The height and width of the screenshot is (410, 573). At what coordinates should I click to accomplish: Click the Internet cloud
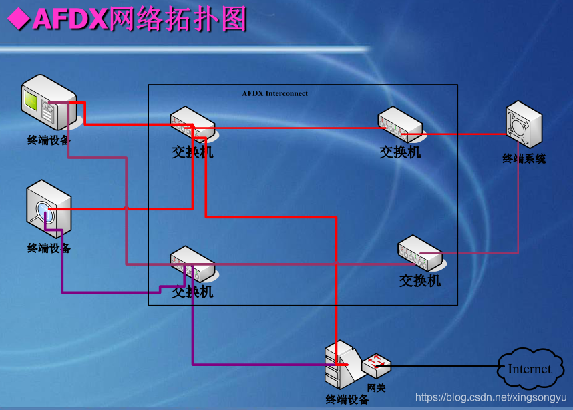click(529, 369)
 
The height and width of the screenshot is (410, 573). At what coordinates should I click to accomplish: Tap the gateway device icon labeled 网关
click(377, 364)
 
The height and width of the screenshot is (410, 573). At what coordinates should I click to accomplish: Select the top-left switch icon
click(192, 124)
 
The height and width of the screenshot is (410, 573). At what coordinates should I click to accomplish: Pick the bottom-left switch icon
click(192, 264)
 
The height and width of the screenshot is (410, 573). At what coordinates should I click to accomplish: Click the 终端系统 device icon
click(524, 125)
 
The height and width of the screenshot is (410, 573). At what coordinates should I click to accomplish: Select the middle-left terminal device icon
click(49, 208)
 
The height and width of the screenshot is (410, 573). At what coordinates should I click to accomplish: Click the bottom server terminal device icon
click(341, 366)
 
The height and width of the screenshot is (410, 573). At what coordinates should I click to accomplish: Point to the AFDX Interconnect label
click(275, 94)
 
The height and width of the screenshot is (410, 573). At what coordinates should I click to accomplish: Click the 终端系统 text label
click(524, 159)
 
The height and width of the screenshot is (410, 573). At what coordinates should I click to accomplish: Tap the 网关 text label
click(377, 387)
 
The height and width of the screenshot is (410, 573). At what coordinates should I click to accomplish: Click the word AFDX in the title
click(70, 19)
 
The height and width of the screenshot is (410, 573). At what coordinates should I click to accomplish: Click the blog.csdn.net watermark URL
click(491, 397)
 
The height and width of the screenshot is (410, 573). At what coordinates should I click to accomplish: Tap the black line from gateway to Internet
click(444, 366)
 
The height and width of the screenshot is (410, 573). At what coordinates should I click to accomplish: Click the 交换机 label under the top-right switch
click(400, 152)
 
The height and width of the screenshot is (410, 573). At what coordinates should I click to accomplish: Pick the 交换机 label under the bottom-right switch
click(420, 281)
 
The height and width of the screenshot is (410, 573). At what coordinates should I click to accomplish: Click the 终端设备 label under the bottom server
click(347, 400)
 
